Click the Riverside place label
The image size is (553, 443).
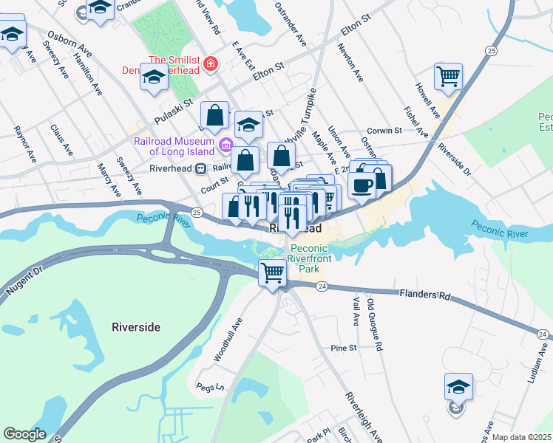pyautogui.click(x=135, y=326)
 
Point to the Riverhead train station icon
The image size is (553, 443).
pyautogui.click(x=200, y=168)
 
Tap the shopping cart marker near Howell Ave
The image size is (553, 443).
pyautogui.click(x=448, y=76)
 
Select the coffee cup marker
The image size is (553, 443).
pyautogui.click(x=362, y=185)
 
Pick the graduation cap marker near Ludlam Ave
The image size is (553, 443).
pyautogui.click(x=458, y=387)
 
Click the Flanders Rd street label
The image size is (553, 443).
pyautogui.click(x=424, y=295)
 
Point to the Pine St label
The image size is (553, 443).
pyautogui.click(x=344, y=347)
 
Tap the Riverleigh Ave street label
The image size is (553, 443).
pyautogui.click(x=362, y=416)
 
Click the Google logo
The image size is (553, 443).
pyautogui.click(x=24, y=434)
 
